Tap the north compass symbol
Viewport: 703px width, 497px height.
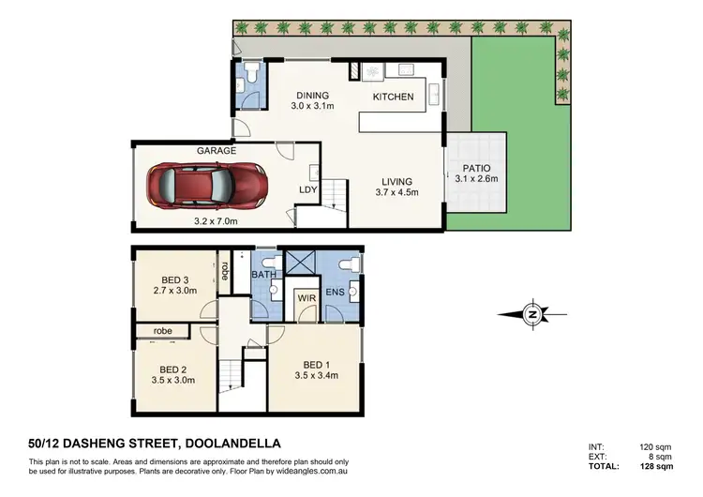coord(532,314)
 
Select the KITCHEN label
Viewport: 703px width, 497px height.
coord(393,97)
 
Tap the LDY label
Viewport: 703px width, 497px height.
coord(307,189)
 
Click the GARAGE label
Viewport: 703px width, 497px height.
coord(216,150)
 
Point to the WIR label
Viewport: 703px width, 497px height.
coord(306,298)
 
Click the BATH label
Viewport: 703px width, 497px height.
coord(263,274)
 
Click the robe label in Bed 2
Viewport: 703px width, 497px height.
coord(164,331)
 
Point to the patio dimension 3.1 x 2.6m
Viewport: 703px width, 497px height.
coord(476,178)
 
